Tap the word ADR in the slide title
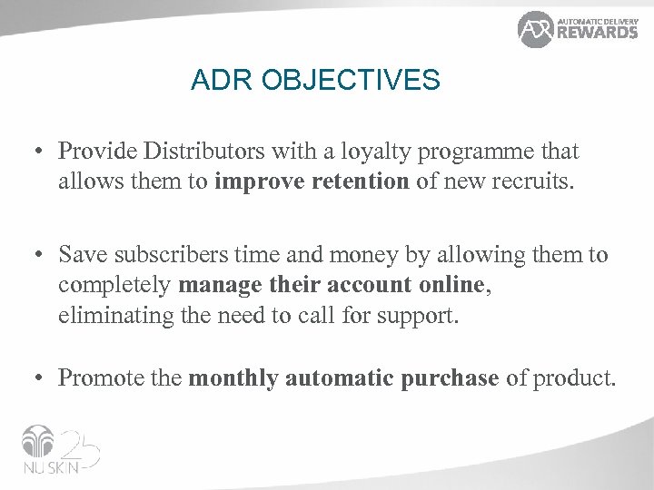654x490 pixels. click(219, 81)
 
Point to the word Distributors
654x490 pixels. click(206, 151)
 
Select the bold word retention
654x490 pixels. click(360, 181)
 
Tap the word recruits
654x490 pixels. click(533, 181)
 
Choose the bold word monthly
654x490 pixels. click(233, 378)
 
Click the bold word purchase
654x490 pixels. click(447, 378)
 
